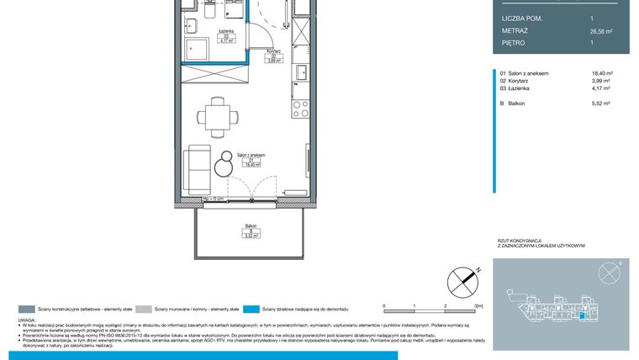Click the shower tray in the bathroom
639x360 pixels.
[197, 50]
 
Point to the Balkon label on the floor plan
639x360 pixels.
[251, 226]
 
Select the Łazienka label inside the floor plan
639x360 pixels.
[225, 30]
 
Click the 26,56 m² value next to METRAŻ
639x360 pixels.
[601, 30]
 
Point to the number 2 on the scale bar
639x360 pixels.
[444, 307]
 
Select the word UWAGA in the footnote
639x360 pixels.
[26, 320]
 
